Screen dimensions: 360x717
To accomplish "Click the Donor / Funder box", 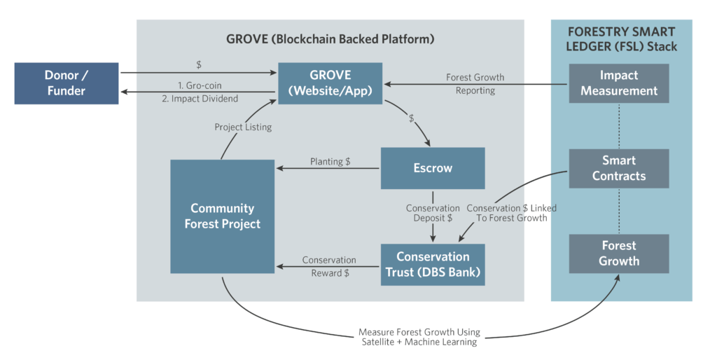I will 67,83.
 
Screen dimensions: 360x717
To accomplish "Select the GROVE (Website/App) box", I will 330,83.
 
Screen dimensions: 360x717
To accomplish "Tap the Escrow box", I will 433,168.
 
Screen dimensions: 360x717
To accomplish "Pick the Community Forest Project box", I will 222,216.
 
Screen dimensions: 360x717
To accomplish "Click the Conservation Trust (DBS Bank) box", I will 433,265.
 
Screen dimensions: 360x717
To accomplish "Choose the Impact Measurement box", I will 619,83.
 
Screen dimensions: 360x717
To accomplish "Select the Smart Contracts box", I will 619,168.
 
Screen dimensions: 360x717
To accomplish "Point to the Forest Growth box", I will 619,253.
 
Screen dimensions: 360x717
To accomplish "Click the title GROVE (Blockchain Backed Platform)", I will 330,39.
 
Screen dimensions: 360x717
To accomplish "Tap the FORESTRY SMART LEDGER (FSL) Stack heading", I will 622,39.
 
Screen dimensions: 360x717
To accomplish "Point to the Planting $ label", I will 330,162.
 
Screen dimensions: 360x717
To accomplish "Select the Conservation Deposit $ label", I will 433,214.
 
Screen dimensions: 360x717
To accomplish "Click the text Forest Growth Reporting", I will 475,83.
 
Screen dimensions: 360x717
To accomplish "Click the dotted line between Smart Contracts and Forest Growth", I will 619,211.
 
